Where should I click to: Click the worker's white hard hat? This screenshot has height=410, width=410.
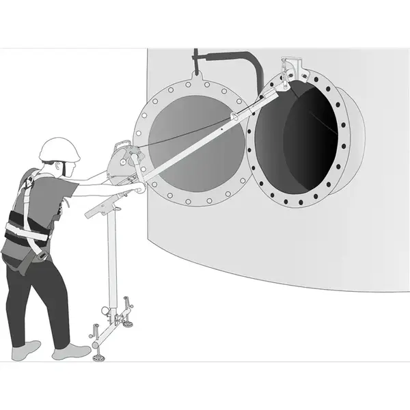(59, 148)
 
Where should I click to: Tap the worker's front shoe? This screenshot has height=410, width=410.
(72, 353)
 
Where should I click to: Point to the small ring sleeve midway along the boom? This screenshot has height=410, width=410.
(236, 117)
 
